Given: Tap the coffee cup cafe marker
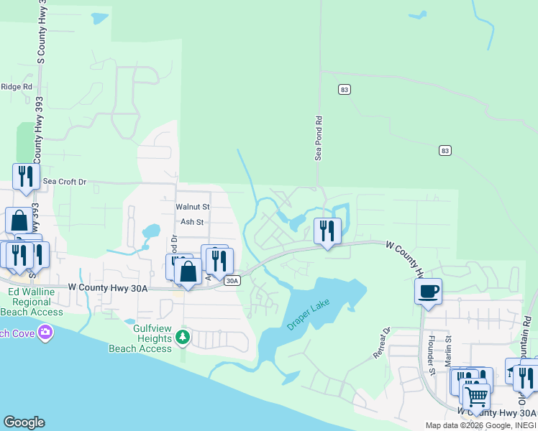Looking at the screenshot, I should tap(428, 292).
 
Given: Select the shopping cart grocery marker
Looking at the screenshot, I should tap(475, 396).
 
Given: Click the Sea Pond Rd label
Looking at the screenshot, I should tap(317, 139).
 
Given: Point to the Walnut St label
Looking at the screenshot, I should tap(192, 207).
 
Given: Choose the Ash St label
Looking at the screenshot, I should tap(192, 222).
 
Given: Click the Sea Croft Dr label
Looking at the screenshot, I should tap(64, 182).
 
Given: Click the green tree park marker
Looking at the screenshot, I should tap(183, 337).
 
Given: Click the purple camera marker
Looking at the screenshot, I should tap(46, 332).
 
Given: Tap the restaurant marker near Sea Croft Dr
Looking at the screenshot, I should tap(26, 177).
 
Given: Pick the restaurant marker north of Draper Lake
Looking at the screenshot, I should tap(327, 231).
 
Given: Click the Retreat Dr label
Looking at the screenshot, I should tap(380, 343).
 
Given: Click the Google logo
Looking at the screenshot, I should tap(24, 422).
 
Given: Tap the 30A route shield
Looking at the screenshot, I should tap(231, 281).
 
